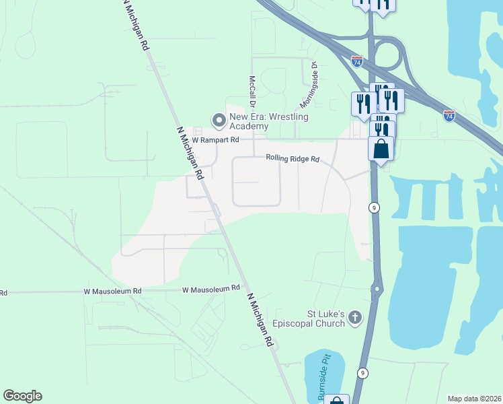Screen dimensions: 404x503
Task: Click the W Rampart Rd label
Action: pos(215,140)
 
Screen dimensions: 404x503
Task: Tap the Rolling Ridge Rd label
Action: pos(292,159)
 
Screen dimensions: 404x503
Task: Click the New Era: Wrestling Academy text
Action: pos(269,121)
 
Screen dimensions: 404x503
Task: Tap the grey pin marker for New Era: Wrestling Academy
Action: pos(219,121)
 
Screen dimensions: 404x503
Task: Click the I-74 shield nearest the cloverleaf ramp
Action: pos(357,61)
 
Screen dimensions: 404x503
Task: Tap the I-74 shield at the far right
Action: pos(449,116)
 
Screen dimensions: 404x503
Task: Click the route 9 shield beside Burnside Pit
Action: pos(362,372)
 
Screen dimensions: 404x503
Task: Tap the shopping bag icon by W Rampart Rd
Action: pos(381,148)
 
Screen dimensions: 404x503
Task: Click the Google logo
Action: pos(22,396)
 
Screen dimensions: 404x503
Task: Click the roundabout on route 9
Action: pos(377,290)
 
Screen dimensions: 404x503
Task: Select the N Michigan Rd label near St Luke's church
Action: pos(261,321)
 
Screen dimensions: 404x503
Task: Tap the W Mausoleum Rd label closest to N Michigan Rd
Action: pos(211,288)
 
